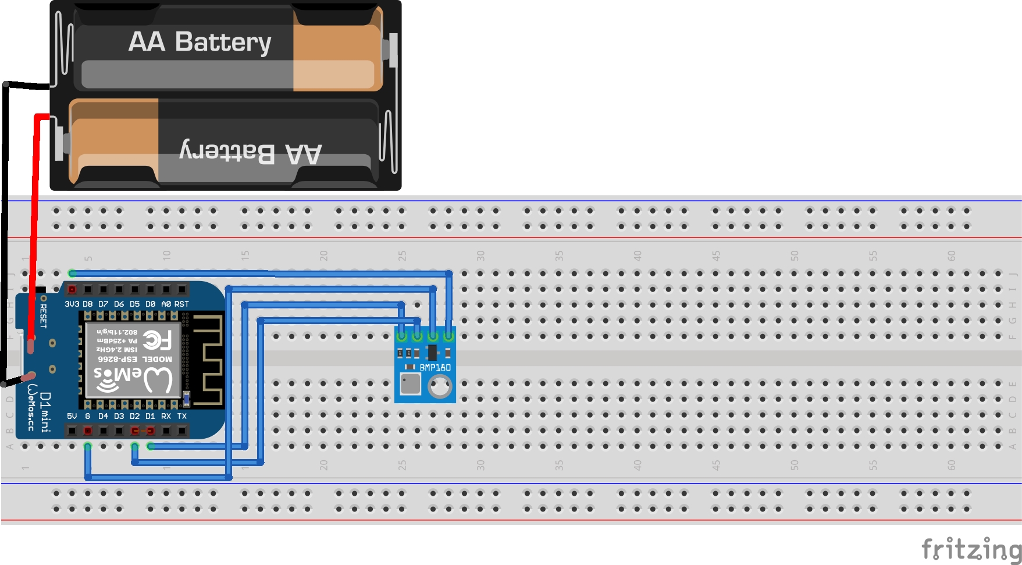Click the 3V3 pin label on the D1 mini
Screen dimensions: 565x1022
point(72,304)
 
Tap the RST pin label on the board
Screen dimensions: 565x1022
point(181,304)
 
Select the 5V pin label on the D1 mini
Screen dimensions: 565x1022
point(72,416)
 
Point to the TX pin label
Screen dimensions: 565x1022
point(181,416)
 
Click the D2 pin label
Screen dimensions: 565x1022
point(134,416)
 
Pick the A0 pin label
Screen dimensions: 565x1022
point(166,304)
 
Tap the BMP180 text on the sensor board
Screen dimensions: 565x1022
point(435,367)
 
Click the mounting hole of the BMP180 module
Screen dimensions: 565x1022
point(439,386)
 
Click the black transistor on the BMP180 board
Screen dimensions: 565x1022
point(432,352)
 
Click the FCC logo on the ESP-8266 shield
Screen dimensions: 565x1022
point(156,339)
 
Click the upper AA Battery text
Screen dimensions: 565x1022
point(200,42)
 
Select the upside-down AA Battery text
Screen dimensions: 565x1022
point(251,152)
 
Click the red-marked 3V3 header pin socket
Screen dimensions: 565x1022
point(72,289)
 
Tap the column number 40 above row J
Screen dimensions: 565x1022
point(637,255)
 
